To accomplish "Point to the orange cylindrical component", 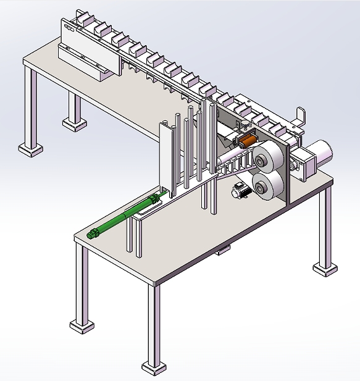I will tap(248, 141).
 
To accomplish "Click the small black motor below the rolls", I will tap(240, 190).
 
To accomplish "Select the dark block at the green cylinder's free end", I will tap(94, 233).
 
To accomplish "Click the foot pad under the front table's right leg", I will tap(325, 269).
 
